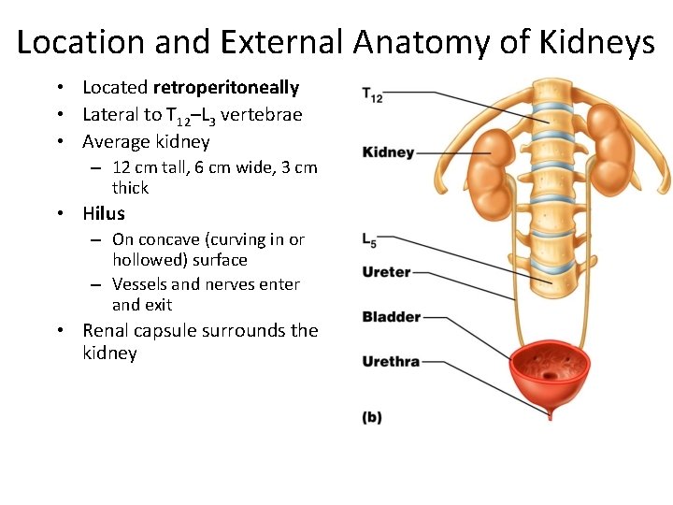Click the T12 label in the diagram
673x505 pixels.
tap(372, 94)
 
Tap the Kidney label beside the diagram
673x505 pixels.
tap(388, 152)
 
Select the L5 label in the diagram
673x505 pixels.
tap(370, 240)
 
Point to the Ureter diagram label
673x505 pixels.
tap(386, 272)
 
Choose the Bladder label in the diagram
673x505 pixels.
tap(391, 317)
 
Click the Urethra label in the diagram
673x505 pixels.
tap(391, 361)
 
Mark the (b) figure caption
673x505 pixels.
tap(372, 418)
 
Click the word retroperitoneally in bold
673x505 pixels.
tap(226, 88)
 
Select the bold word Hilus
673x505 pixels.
tap(104, 213)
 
